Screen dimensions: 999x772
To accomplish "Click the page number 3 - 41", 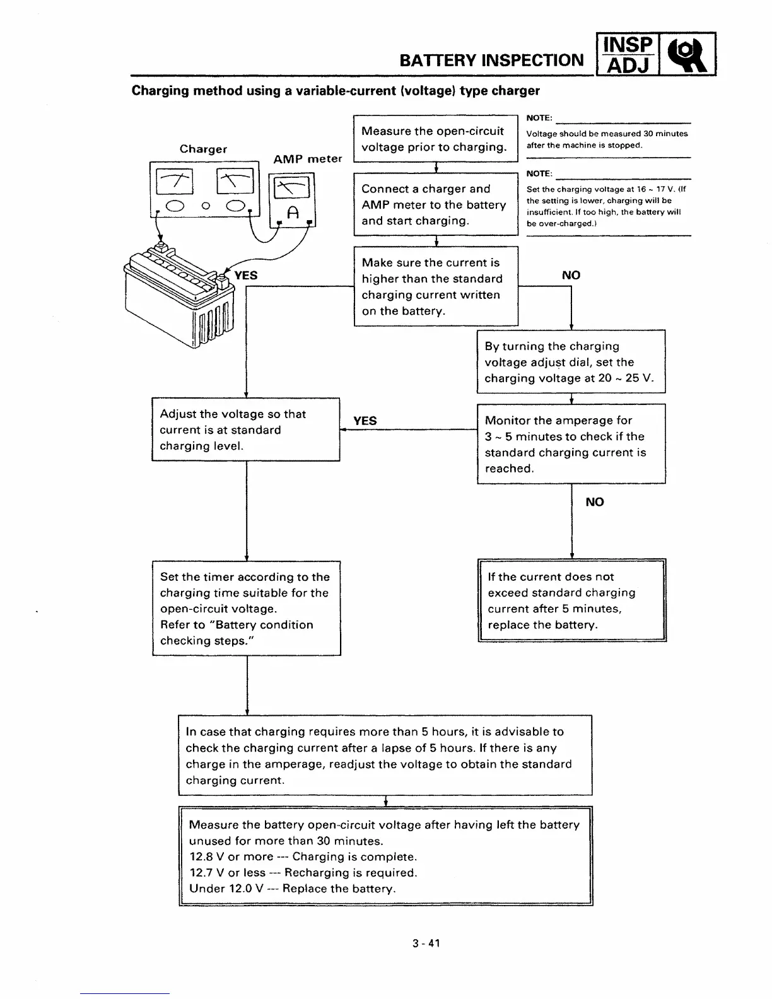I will pos(426,944).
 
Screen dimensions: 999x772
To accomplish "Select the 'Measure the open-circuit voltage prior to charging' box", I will pos(435,139).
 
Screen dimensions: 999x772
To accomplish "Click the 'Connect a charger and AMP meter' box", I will pos(435,205).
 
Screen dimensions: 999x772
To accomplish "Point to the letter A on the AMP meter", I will pos(291,213).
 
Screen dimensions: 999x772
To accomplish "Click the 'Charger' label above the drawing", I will pos(203,149).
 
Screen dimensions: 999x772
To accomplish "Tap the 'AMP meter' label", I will pos(307,159).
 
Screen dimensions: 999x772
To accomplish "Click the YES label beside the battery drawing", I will pos(245,276).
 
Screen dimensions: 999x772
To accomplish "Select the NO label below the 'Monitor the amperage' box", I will pos(594,502).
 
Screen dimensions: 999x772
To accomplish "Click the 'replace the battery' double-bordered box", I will pos(572,600).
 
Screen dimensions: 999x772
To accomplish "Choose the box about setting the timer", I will pos(246,609).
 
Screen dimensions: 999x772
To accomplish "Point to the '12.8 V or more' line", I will pos(303,857).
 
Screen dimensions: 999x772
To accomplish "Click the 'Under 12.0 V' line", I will pos(292,889).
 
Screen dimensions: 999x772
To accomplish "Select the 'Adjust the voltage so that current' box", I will pos(246,430).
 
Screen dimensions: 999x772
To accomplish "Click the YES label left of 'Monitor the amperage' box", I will pos(365,421).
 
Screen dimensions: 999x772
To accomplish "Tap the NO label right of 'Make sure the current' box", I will pos(571,275).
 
